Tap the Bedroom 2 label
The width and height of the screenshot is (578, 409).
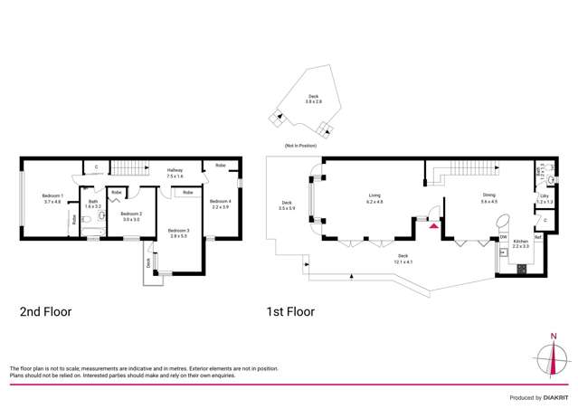click(130, 216)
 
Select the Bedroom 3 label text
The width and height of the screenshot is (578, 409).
click(176, 233)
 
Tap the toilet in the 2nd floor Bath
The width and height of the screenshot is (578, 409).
click(100, 215)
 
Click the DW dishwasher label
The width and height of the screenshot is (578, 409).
click(503, 237)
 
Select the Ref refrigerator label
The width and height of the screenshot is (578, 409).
click(537, 237)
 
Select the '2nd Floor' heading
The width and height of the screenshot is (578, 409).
click(45, 312)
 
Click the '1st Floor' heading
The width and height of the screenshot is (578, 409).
click(289, 312)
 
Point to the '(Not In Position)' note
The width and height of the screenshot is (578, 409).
click(299, 146)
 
